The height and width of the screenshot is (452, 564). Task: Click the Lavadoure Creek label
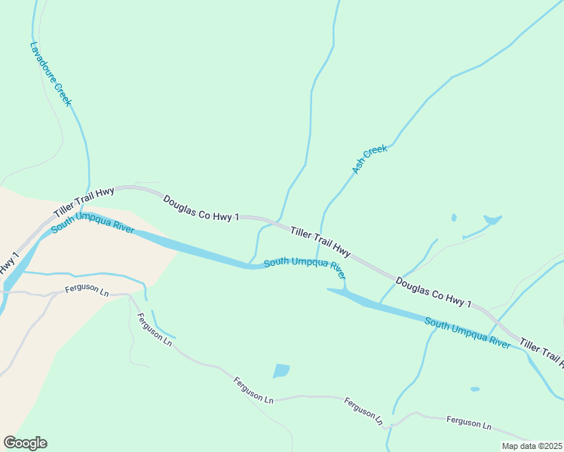(51, 73)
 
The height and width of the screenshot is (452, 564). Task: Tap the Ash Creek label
(369, 159)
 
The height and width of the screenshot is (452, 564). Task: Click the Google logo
(25, 442)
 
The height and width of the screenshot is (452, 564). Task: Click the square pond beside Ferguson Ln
(280, 371)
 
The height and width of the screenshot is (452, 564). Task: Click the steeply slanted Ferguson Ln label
(155, 329)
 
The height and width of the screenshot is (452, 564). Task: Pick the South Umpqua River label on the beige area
(93, 223)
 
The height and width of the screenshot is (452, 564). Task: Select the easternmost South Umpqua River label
(467, 332)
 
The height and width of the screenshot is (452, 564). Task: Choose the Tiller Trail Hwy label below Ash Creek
(320, 240)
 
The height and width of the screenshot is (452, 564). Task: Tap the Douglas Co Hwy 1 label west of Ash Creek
(201, 208)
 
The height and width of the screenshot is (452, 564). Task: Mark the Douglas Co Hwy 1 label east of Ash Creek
(434, 293)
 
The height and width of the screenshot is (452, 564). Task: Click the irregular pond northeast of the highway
(492, 220)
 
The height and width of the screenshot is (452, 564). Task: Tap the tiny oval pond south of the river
(474, 389)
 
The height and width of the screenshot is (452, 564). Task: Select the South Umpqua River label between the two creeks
(305, 265)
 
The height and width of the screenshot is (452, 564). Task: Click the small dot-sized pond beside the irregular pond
(453, 218)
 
